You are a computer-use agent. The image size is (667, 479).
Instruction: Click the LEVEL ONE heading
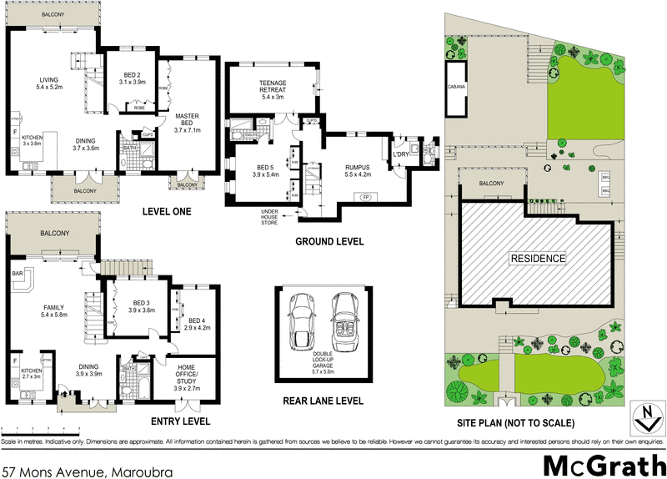click(167, 212)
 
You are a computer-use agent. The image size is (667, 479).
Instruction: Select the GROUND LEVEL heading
click(329, 242)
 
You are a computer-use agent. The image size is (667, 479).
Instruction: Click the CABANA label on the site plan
click(456, 87)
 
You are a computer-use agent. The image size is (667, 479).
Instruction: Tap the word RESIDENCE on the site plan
click(539, 258)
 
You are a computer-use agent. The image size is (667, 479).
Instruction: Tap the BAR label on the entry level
click(16, 273)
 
